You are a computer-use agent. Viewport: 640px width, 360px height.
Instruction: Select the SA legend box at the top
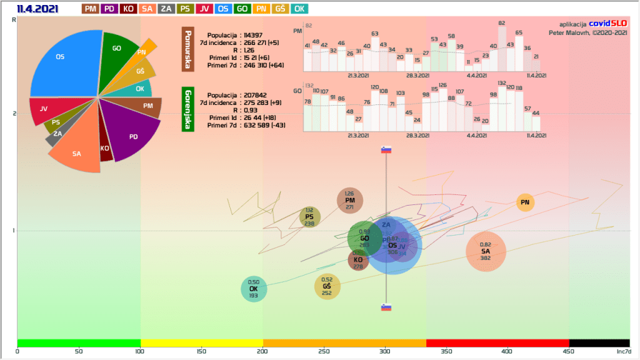[147, 9]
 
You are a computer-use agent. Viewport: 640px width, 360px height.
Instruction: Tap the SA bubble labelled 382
[486, 252]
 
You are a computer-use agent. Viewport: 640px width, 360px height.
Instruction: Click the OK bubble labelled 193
[254, 289]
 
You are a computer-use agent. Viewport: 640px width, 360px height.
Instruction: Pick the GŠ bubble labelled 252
[327, 286]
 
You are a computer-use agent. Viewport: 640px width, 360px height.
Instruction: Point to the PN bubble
[526, 202]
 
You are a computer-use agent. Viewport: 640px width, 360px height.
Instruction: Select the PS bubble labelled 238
[309, 217]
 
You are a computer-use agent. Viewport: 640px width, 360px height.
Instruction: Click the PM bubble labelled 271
[349, 201]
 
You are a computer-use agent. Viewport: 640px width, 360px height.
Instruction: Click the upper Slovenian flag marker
[386, 150]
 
